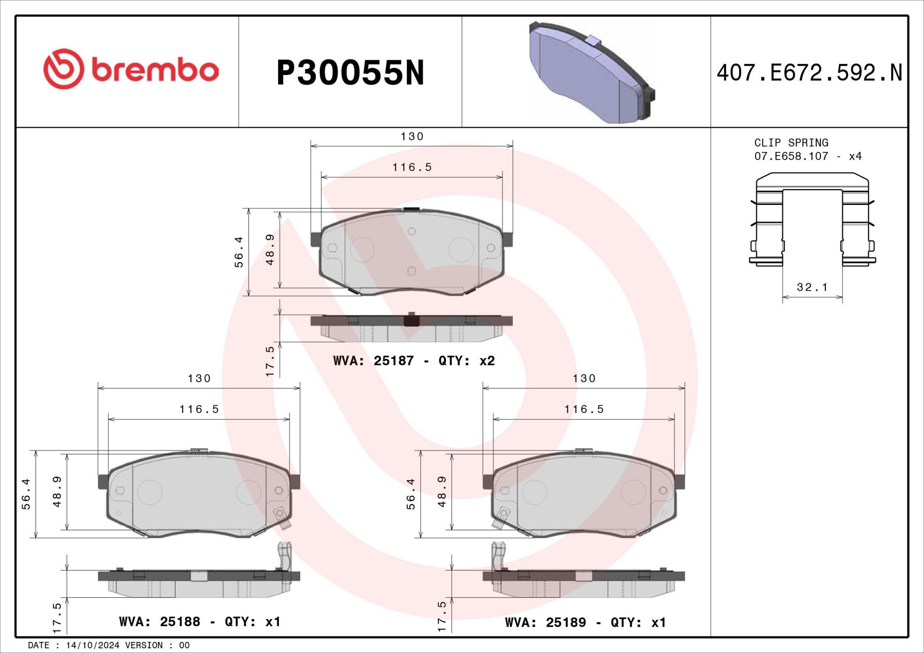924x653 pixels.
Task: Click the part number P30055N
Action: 350,73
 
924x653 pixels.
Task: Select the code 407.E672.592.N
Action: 809,73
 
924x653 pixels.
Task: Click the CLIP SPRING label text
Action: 791,143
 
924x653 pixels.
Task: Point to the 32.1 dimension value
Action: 812,287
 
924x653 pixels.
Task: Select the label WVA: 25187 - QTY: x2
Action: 414,361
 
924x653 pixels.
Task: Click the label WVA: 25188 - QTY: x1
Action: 200,622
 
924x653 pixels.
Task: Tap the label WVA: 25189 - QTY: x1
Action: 585,623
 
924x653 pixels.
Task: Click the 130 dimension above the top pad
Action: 412,137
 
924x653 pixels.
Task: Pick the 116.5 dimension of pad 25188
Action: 199,409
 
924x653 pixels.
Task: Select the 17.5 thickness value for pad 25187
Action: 270,361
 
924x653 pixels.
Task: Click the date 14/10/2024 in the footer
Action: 92,645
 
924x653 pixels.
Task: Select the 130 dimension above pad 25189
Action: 584,378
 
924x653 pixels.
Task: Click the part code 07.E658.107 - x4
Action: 808,156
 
